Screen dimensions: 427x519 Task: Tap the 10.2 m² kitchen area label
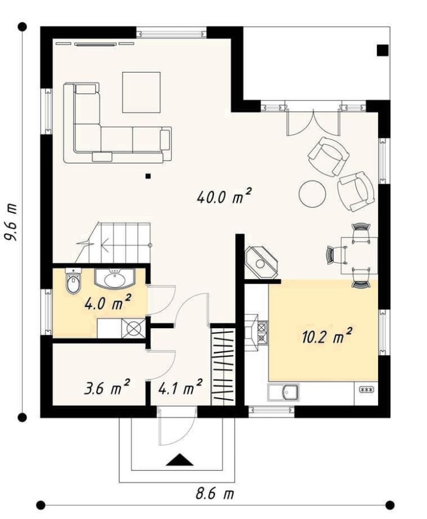[327, 336]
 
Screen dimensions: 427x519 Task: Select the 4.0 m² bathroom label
[108, 302]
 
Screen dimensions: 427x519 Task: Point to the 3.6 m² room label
[107, 387]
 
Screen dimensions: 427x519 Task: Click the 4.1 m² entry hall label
[180, 387]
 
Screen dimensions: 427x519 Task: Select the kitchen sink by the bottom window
[284, 393]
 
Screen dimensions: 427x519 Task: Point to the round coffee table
[312, 193]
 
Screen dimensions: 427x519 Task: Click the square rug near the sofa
[142, 92]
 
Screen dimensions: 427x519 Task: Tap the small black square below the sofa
[148, 176]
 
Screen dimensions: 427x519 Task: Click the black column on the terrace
[383, 50]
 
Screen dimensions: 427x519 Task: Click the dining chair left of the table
[337, 255]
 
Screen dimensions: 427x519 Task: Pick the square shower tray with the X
[134, 328]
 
